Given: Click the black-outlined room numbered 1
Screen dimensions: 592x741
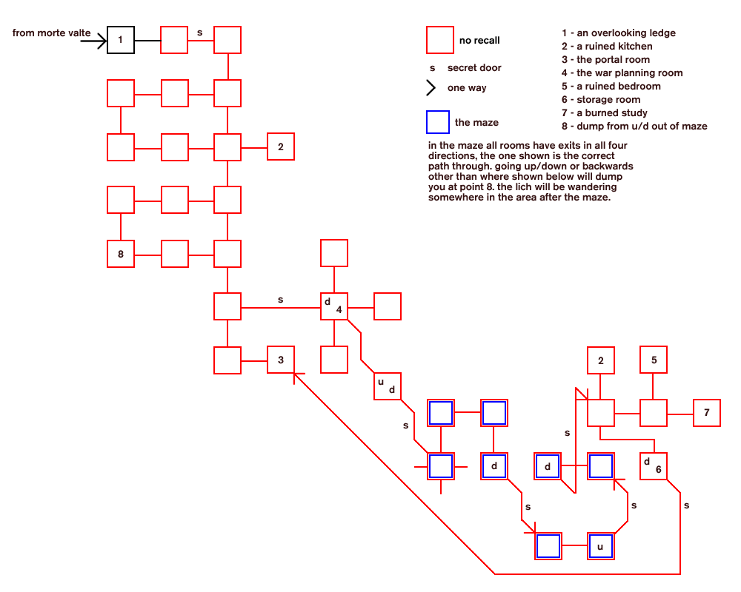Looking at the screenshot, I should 121,40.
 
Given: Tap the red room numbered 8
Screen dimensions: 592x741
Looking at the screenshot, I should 121,254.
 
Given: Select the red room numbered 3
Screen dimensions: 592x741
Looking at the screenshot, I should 281,360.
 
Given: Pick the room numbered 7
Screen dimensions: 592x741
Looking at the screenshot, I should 707,413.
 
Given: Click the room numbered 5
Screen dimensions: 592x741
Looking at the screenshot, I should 654,360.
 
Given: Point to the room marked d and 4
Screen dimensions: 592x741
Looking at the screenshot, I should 334,306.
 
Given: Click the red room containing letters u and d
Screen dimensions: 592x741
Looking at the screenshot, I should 387,386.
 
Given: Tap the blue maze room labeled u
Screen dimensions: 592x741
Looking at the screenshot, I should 601,546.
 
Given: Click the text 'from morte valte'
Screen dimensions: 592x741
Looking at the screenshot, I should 52,33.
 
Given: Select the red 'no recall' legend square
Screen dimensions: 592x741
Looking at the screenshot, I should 440,40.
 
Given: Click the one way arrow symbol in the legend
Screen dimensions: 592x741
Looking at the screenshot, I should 431,88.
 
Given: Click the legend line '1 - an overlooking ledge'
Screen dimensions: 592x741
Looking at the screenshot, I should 619,33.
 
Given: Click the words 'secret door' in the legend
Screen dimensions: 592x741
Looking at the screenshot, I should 474,67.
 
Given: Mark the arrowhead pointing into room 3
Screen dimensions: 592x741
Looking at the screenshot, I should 297,376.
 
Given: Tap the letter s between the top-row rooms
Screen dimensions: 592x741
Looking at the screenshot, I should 200,33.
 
